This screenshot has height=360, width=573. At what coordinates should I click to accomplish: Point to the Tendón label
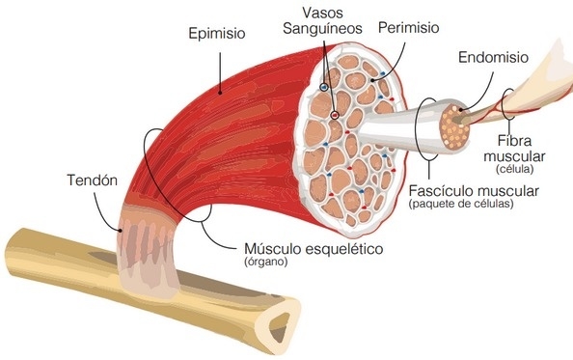[x=92, y=180]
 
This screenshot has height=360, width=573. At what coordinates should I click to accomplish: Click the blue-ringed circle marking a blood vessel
[x=324, y=87]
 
